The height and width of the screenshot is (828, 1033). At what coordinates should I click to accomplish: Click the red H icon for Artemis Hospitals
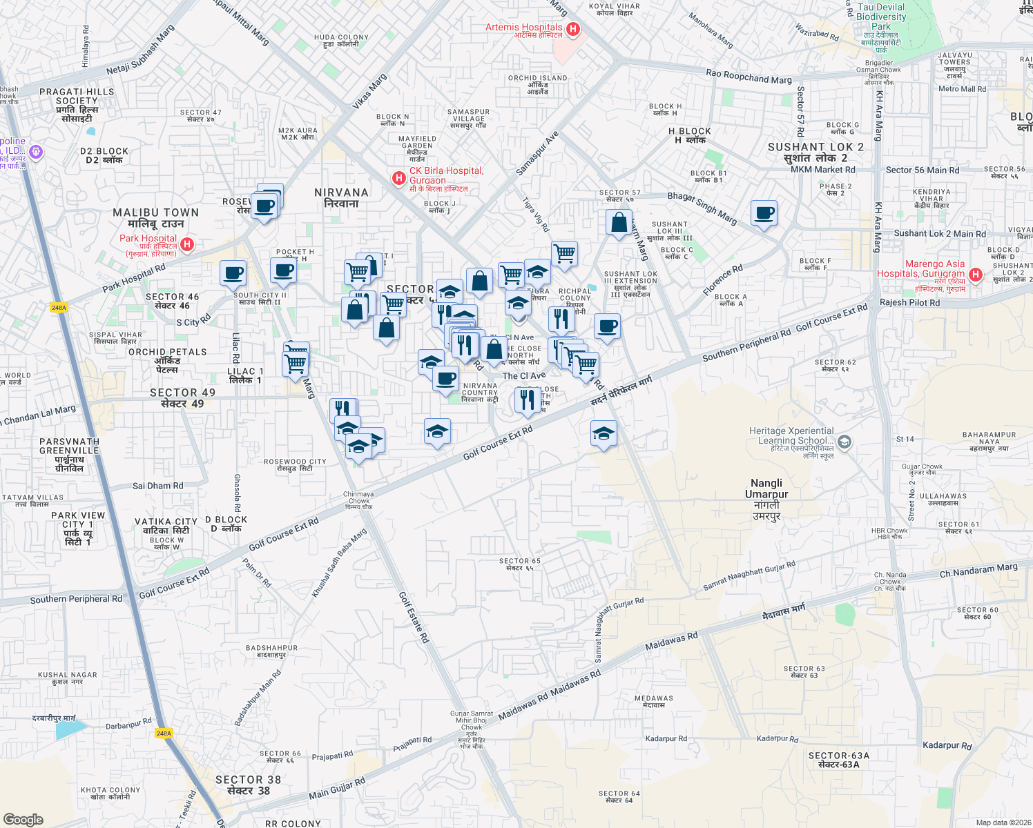click(572, 29)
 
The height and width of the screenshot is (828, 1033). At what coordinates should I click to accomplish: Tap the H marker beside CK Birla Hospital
click(398, 179)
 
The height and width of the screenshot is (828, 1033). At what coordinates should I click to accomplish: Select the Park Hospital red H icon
click(187, 244)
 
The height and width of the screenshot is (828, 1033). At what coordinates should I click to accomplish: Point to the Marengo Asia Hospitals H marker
click(976, 275)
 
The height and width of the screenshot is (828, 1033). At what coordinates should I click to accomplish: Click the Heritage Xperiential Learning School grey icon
click(844, 442)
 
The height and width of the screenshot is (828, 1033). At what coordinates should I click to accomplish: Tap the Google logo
click(23, 820)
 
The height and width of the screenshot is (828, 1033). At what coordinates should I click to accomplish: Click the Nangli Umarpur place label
click(766, 489)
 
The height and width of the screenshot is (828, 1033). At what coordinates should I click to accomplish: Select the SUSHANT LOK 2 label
click(815, 147)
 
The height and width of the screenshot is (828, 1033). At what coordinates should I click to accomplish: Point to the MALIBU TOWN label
click(155, 213)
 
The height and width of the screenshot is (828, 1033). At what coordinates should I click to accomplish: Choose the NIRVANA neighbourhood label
click(341, 193)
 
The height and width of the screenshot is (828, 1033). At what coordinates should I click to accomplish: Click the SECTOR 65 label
click(519, 562)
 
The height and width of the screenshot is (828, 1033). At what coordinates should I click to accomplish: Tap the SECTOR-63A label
click(838, 756)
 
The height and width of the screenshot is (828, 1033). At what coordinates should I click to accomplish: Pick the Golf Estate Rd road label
click(414, 618)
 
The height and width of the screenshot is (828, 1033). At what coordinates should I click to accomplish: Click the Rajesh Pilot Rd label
click(909, 302)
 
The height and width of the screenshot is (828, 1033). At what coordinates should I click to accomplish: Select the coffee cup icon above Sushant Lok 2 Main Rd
click(764, 213)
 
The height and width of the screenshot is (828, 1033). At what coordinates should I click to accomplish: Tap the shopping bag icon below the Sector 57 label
click(619, 223)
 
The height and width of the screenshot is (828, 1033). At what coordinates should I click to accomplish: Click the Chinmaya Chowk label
click(358, 497)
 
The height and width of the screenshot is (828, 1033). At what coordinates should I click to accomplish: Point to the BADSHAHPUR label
click(271, 648)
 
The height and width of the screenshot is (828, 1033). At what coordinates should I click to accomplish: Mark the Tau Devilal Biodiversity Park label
click(881, 17)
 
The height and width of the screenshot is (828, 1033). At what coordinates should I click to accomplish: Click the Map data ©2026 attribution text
click(1003, 822)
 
